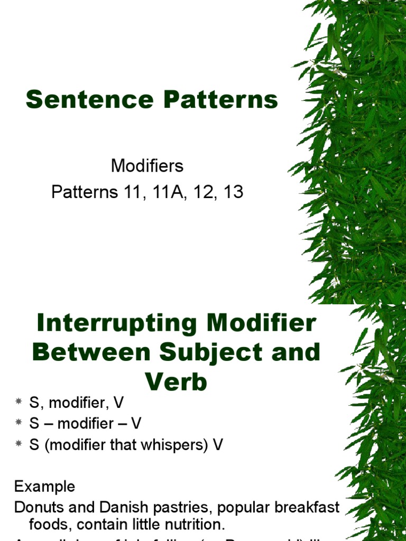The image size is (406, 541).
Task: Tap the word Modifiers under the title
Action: pyautogui.click(x=147, y=166)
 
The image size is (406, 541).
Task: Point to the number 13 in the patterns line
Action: pyautogui.click(x=233, y=192)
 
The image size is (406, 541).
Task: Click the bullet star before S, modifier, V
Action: pyautogui.click(x=19, y=402)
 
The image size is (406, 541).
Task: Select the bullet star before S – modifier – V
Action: pyautogui.click(x=19, y=423)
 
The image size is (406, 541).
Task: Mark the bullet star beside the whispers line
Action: pyautogui.click(x=19, y=445)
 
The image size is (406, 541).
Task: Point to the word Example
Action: pyautogui.click(x=45, y=486)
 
